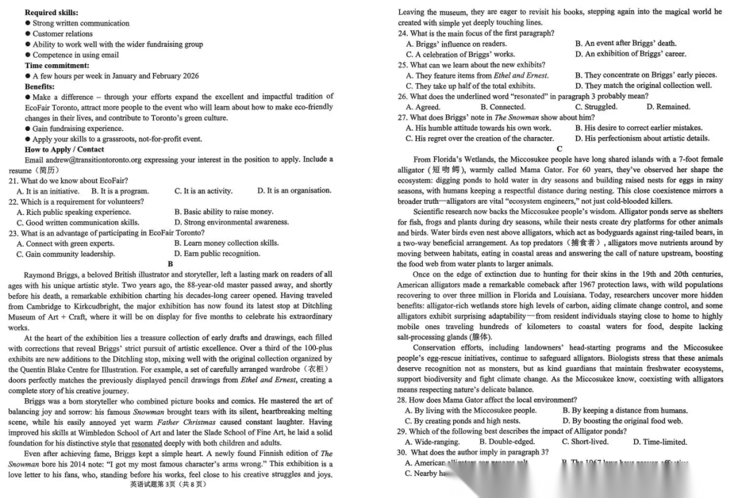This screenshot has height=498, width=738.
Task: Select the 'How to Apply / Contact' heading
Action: click(x=64, y=149)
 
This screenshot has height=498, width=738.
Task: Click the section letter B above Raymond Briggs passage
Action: click(x=170, y=264)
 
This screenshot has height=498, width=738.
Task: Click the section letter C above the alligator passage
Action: click(x=559, y=148)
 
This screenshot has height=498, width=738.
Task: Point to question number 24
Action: click(x=403, y=33)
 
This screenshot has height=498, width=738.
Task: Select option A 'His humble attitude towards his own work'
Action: click(x=479, y=128)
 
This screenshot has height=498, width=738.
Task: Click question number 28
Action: click(x=403, y=400)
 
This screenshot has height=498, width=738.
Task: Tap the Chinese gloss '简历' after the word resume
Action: click(x=48, y=170)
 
